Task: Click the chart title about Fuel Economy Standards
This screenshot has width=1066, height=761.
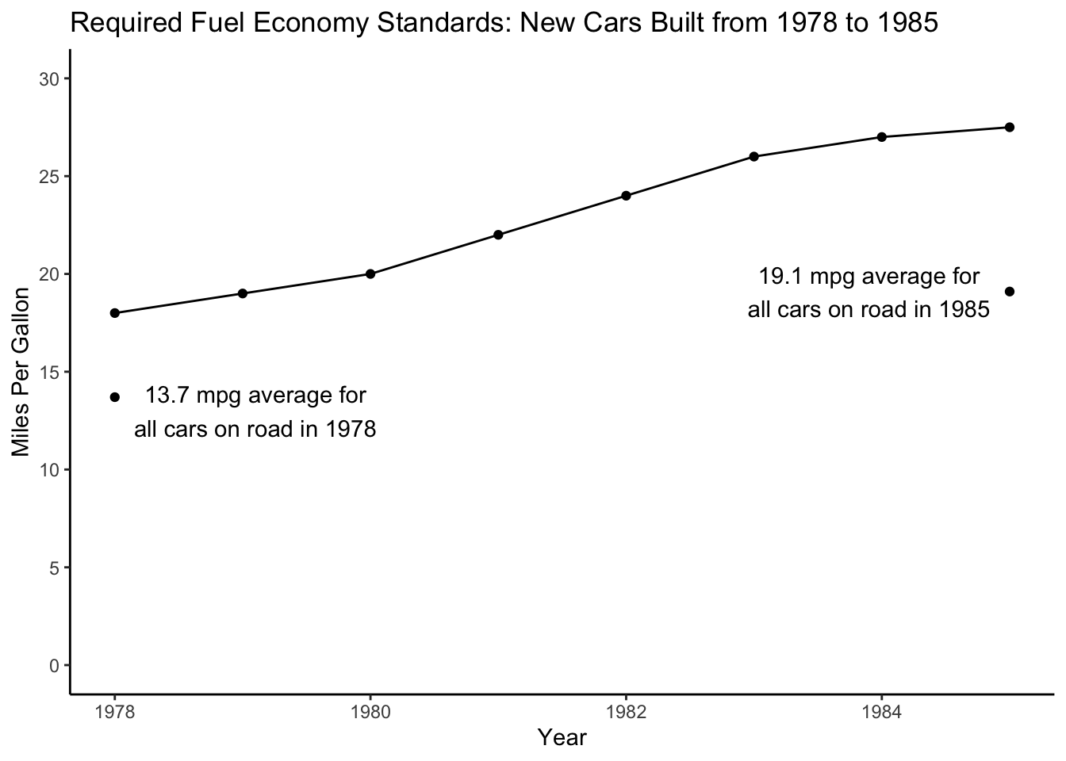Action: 504,24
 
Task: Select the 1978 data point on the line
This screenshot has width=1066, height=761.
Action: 115,313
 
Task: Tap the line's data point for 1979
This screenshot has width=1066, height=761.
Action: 243,293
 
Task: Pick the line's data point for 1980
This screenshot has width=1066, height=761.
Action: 370,274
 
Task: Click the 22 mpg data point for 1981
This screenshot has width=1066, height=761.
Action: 498,235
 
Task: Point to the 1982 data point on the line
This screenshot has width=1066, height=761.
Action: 626,196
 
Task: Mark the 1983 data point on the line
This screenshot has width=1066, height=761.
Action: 753,156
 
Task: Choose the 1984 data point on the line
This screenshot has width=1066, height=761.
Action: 881,137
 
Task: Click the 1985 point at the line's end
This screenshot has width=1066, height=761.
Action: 1009,128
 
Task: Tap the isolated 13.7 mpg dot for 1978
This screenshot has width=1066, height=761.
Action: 115,397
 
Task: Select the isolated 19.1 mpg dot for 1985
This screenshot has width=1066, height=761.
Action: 1009,292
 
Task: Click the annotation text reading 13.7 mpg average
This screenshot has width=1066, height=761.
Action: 255,412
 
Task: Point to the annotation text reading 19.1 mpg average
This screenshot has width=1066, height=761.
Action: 869,293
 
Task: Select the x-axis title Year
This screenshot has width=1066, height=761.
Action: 562,738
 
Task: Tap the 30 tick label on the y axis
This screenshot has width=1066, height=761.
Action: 52,79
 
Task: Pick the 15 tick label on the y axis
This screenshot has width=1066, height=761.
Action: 52,373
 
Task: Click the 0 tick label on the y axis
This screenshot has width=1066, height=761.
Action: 55,666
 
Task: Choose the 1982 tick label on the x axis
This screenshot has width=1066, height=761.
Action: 626,711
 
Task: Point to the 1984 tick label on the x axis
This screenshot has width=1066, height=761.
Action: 881,711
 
